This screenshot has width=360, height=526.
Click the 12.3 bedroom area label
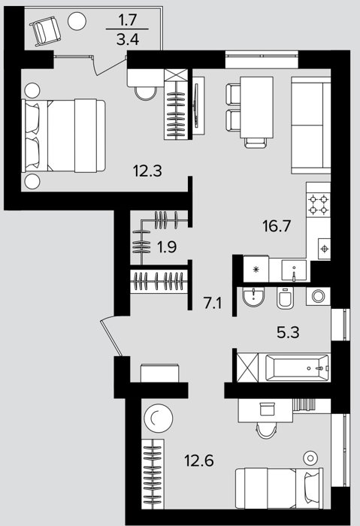click(x=147, y=171)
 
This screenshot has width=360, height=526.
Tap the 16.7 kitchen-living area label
click(x=277, y=226)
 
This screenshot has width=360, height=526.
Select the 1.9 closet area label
click(x=167, y=247)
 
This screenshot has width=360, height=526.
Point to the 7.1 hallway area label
click(x=213, y=304)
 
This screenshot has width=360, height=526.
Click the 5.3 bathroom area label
click(x=288, y=332)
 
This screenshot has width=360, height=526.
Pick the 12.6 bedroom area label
click(x=199, y=460)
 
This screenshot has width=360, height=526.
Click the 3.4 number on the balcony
click(x=128, y=40)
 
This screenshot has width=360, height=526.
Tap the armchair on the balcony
click(x=45, y=32)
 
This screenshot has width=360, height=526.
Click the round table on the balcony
click(x=77, y=21)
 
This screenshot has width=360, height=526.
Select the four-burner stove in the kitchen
click(x=319, y=204)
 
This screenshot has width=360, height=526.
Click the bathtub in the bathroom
click(x=298, y=367)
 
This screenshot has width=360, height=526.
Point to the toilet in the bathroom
click(x=285, y=298)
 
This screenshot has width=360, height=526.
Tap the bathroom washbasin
click(x=253, y=298)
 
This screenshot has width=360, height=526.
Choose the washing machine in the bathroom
click(x=318, y=296)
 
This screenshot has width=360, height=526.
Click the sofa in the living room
click(x=311, y=125)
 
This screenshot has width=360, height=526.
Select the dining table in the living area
click(x=256, y=107)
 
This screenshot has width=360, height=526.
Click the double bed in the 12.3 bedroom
click(x=63, y=135)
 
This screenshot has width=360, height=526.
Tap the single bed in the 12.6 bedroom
click(x=279, y=488)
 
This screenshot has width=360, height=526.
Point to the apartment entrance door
click(x=110, y=336)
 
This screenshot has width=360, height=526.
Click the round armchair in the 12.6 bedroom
click(x=159, y=418)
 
